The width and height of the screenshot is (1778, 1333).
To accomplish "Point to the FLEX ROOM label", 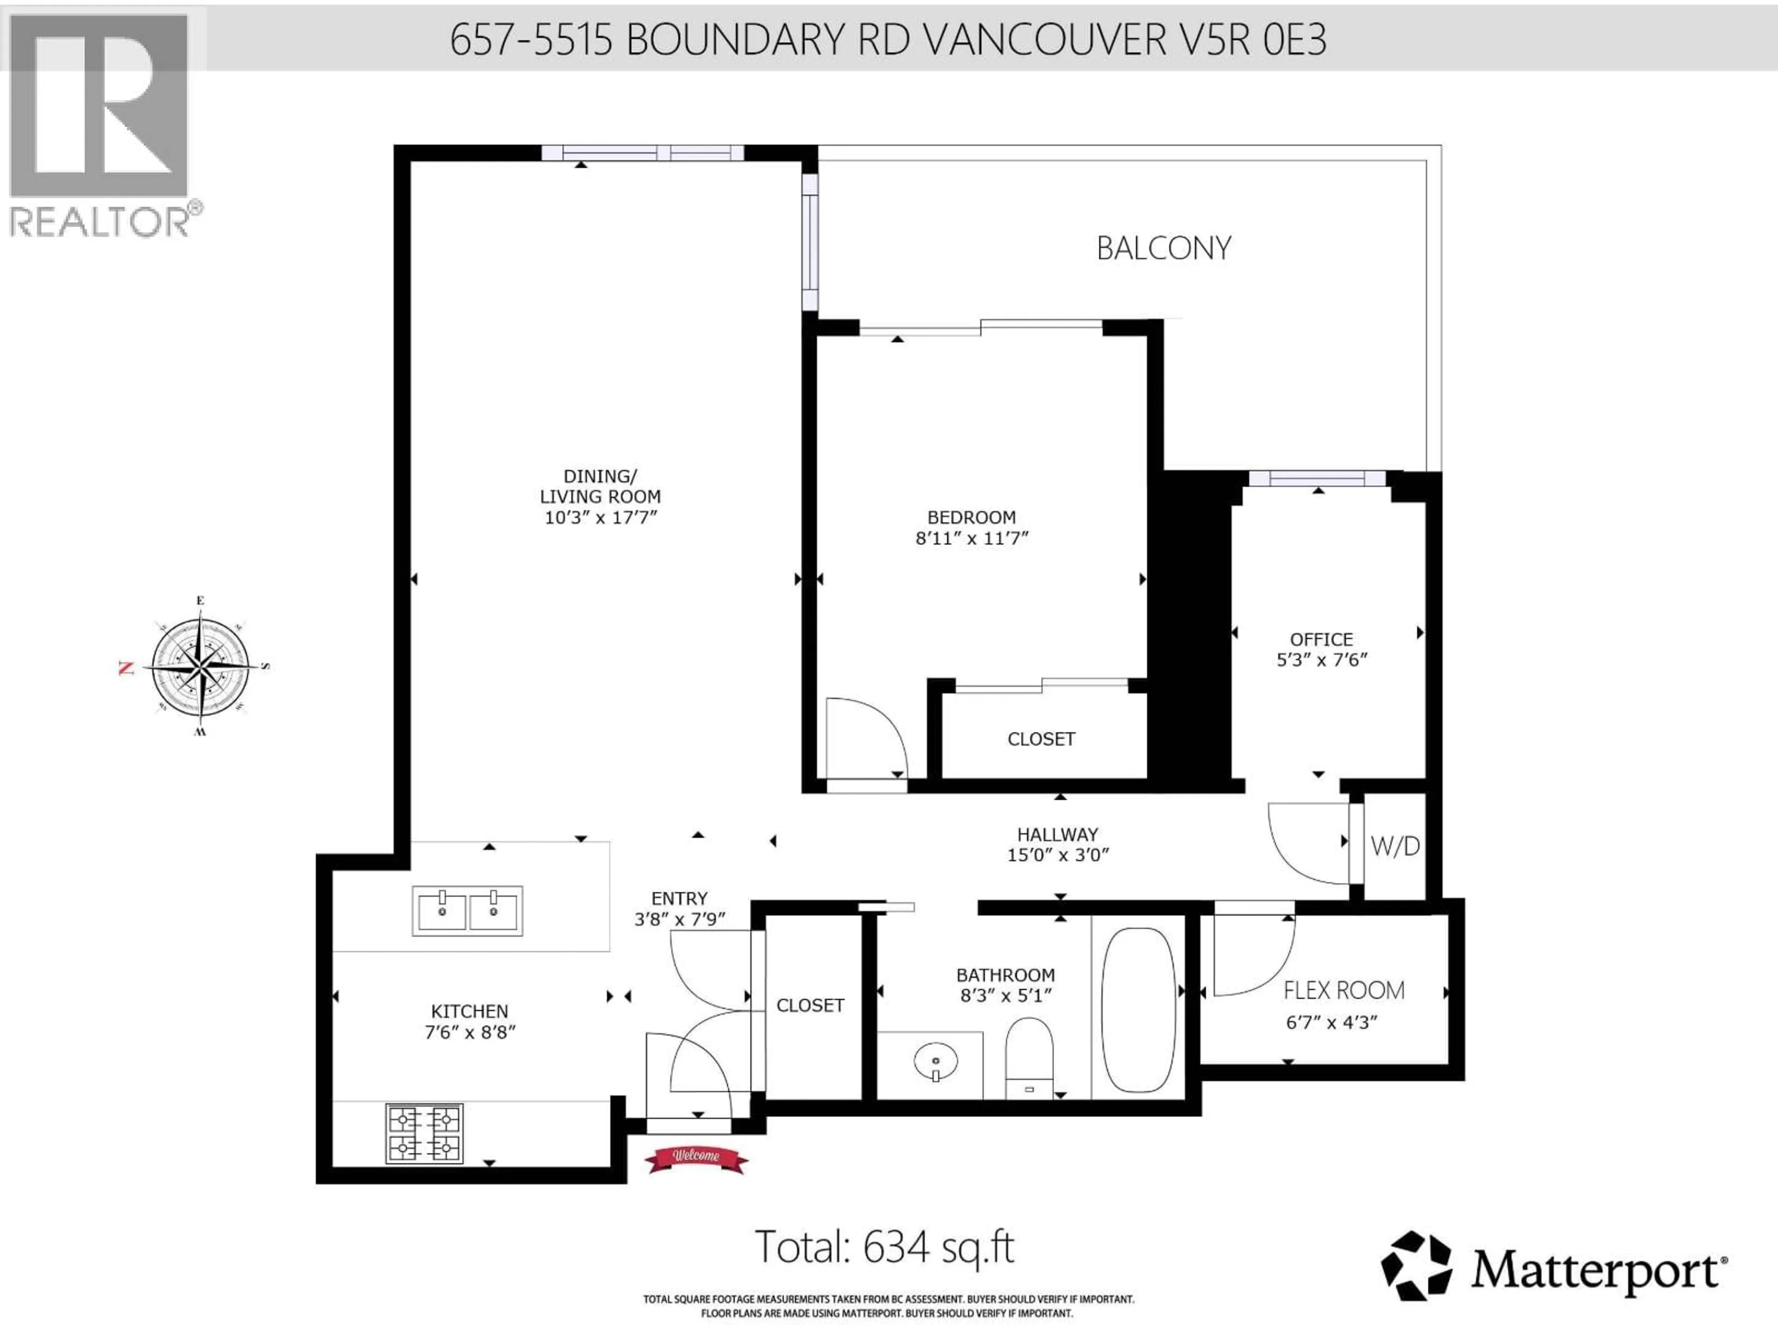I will click(x=1343, y=990).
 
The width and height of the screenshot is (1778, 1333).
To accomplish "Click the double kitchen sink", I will click(x=467, y=910).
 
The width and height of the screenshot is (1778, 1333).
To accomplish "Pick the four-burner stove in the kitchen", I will click(x=425, y=1133).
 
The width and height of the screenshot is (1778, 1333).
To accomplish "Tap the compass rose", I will click(x=200, y=666).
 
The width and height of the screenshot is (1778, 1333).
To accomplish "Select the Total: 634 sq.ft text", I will click(x=884, y=1247).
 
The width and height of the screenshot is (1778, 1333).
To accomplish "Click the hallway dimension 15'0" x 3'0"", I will click(x=1058, y=855).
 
